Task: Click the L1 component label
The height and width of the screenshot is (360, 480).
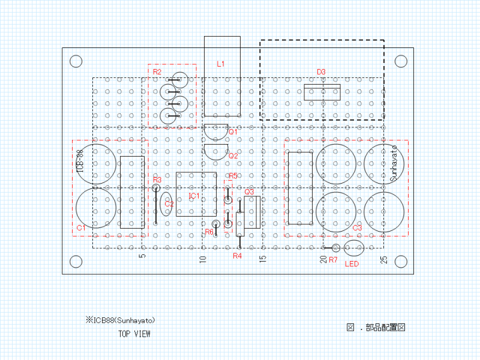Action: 221,64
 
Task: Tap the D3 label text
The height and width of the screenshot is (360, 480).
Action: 321,72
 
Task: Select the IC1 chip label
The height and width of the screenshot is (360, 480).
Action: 194,196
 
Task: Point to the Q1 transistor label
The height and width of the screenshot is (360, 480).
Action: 233,131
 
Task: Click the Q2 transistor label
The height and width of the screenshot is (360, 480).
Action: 233,156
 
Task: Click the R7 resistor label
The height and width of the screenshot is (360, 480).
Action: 333,260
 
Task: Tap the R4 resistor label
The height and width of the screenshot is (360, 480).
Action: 237,256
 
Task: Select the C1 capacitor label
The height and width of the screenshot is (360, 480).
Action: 82,228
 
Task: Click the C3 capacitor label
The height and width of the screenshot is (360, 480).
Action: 357,228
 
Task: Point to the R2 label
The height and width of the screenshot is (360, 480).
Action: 157,72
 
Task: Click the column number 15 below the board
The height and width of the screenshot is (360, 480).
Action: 263,259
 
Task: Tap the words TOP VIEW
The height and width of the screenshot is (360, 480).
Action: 134,334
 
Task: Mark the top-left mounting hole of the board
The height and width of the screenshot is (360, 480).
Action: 76,61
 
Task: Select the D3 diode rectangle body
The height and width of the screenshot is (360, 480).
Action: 322,92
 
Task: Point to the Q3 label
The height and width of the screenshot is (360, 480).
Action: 250,192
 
